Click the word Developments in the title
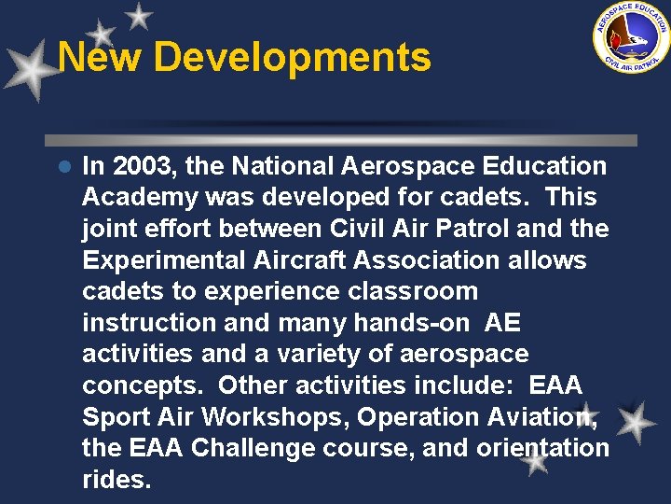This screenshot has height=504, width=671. [x=292, y=57]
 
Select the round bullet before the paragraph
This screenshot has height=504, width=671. [x=64, y=167]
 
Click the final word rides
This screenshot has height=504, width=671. [x=116, y=479]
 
